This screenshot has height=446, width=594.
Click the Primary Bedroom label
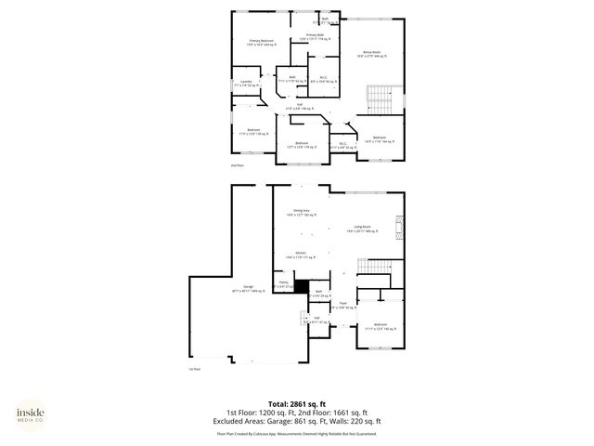pos(261,43)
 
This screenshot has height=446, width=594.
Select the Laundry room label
pos(246,84)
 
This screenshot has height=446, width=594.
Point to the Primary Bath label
pos(315,37)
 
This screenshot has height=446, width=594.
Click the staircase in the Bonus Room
pos(381,98)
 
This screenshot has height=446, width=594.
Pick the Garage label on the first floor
pos(249,289)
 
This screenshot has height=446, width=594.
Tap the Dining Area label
pos(301,213)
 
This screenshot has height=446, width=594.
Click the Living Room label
pos(361,228)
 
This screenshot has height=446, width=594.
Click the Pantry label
pos(284,283)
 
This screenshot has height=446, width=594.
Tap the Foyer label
pos(342,305)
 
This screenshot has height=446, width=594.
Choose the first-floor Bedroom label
pos(381,326)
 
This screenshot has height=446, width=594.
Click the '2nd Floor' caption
pos(237,165)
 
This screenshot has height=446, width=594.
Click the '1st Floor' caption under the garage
pos(195,369)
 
